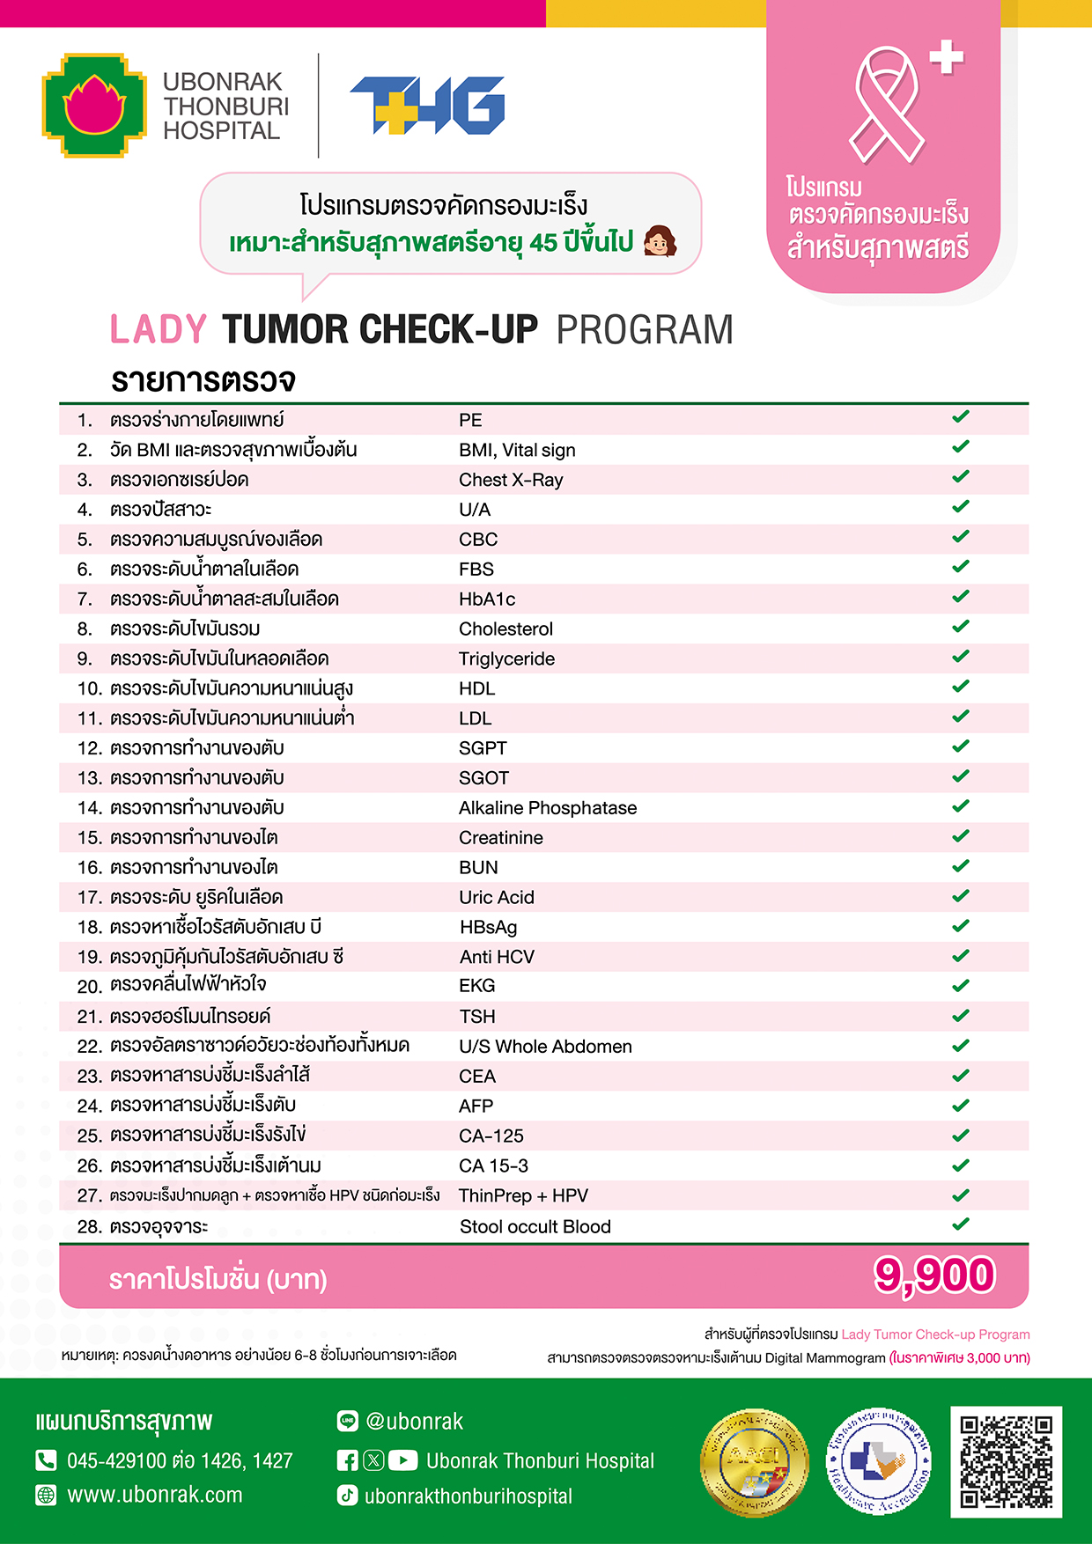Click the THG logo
pos(427,106)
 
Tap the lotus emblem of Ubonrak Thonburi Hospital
pos(94,106)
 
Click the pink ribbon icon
pos(887,106)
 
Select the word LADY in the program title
pos(159,330)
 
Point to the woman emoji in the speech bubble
pos(660,240)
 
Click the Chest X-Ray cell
pos(511,480)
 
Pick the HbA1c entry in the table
pos(487,599)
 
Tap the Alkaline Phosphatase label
pos(548,808)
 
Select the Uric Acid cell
pos(497,898)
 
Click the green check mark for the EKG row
pos(961,985)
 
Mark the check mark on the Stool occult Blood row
pos(961,1224)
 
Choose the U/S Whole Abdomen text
pos(545,1047)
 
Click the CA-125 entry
pos(491,1136)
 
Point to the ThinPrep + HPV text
pos(523,1196)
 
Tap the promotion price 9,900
pos(934,1276)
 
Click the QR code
pos(1006,1461)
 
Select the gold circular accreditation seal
pos(755,1463)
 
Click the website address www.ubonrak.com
pos(155,1495)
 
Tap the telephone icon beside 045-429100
pos(46,1460)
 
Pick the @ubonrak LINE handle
pos(414,1422)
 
